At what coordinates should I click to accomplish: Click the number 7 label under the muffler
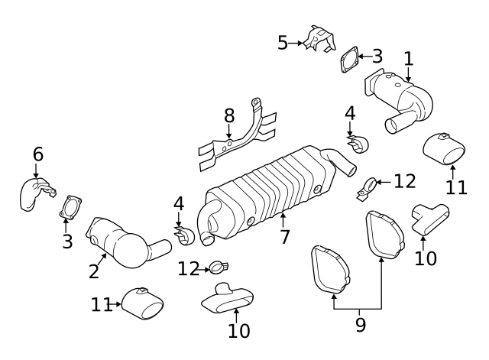(284, 237)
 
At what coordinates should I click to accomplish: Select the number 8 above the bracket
(228, 116)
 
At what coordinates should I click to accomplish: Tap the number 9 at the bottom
(360, 325)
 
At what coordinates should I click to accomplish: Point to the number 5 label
(283, 43)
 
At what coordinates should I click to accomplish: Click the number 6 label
(37, 154)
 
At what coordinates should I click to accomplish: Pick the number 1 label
(408, 58)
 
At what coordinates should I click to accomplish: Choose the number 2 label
(94, 270)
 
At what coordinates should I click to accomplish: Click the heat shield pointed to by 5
(319, 40)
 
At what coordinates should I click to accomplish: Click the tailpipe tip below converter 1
(446, 147)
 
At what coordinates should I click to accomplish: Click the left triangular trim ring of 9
(329, 268)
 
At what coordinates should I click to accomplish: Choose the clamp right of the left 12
(218, 268)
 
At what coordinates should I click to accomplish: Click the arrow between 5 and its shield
(296, 44)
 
